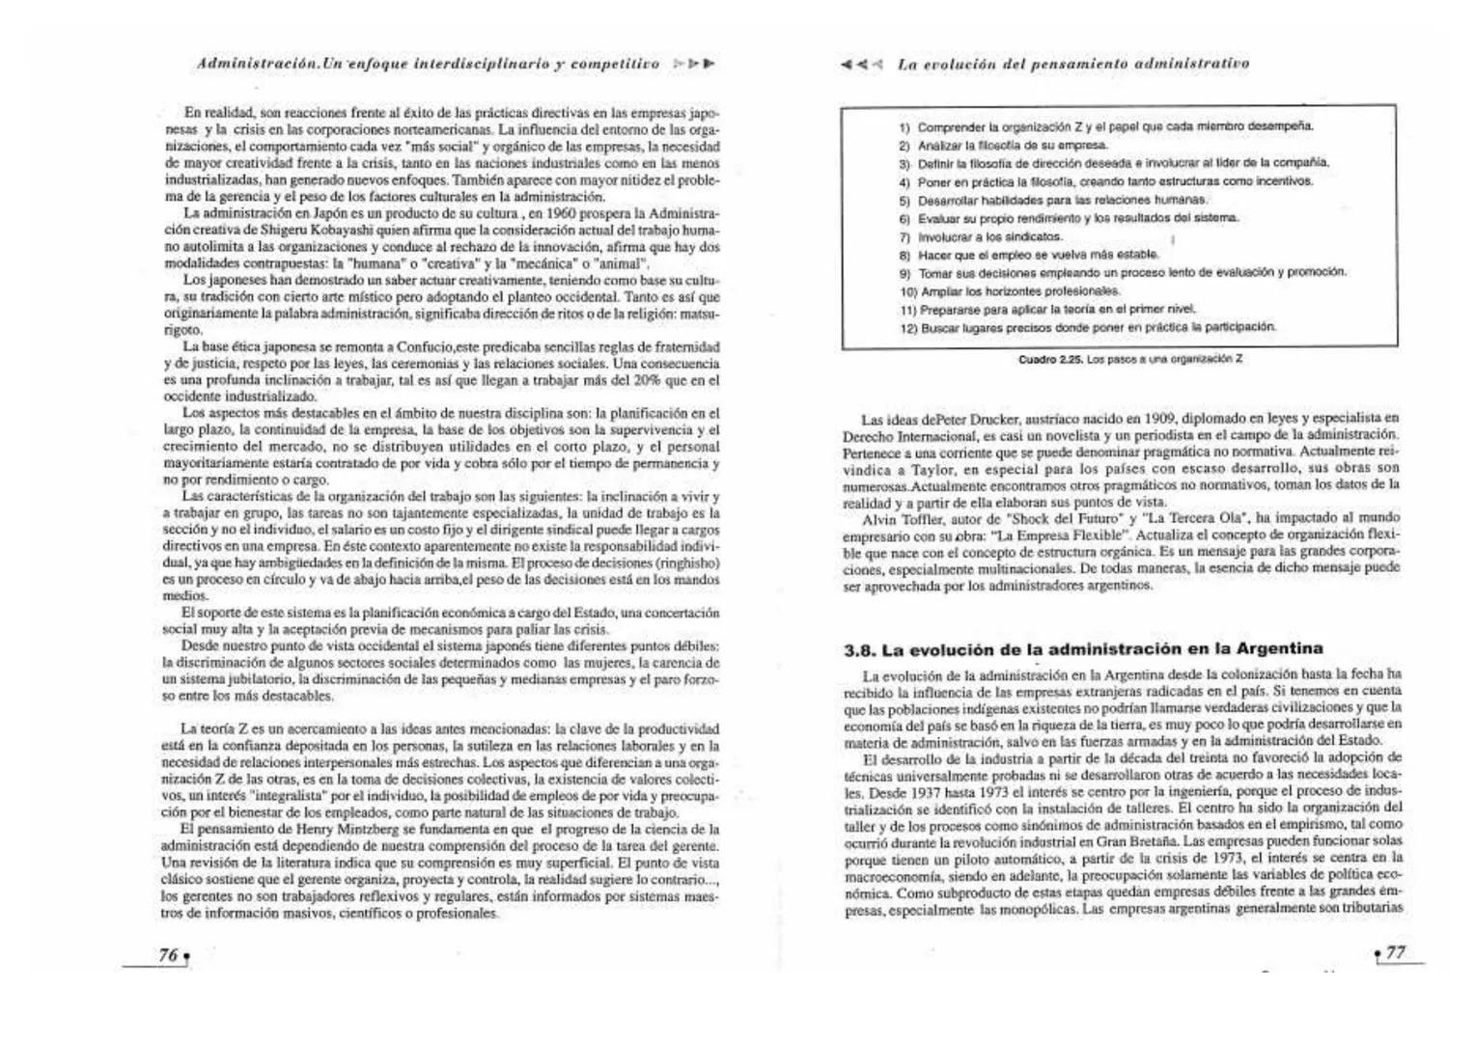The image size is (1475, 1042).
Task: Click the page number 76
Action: (168, 954)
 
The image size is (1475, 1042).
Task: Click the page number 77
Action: (1395, 952)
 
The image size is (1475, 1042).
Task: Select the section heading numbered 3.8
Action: (1084, 648)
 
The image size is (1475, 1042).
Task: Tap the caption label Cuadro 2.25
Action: (1052, 359)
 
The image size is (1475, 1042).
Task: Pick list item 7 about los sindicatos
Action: (981, 236)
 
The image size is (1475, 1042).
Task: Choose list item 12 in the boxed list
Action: (1087, 327)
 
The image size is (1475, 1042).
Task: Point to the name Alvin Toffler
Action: (894, 518)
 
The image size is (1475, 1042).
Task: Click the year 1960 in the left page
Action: (566, 212)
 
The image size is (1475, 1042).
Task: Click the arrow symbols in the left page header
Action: (694, 64)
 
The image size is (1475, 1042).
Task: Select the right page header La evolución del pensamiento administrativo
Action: (1071, 64)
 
